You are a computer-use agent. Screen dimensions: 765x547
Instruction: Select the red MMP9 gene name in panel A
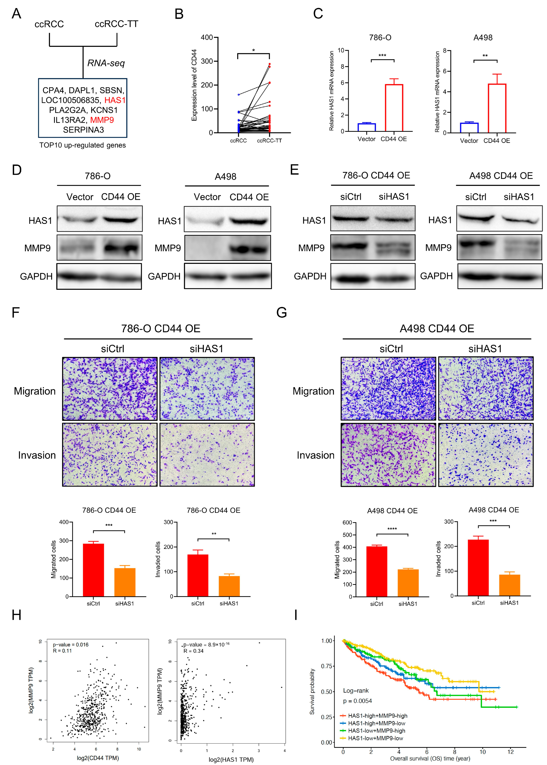click(x=102, y=120)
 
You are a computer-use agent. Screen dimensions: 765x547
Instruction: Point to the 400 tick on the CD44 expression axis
click(x=207, y=37)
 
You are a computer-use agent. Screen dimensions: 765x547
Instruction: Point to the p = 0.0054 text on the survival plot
click(x=357, y=701)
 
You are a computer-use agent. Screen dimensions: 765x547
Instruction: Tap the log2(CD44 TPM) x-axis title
click(x=98, y=758)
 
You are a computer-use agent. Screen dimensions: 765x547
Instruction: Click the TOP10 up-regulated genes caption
click(x=82, y=145)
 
